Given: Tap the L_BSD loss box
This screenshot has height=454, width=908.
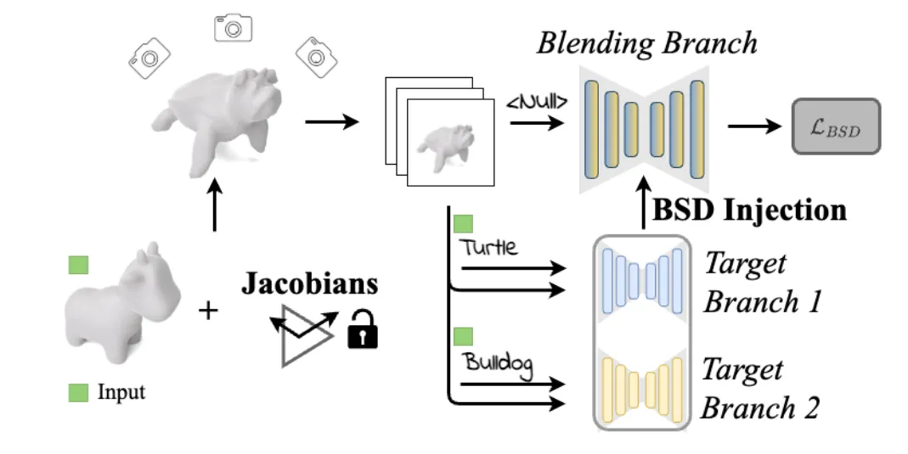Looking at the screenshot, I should pos(836,126).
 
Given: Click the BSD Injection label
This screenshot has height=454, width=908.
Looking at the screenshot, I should pos(749,210).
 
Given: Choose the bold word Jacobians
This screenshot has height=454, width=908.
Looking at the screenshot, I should pos(308,284).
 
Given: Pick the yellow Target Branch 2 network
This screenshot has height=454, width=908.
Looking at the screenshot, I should pos(642,384).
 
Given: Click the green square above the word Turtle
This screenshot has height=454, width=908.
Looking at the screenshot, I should pos(463,224).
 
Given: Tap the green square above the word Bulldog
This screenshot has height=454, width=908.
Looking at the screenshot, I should pos(463,336).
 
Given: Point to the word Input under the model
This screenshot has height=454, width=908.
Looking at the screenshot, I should pos(121,393).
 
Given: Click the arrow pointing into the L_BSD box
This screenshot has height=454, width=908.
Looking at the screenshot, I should pos(755,126).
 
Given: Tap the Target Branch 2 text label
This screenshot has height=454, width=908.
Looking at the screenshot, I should pos(759,389).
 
